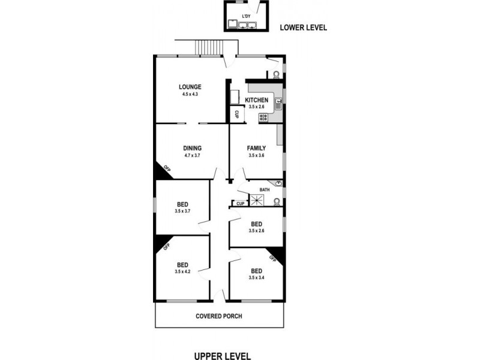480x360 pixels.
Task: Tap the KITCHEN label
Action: pyautogui.click(x=257, y=100)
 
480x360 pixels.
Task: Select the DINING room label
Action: pyautogui.click(x=193, y=148)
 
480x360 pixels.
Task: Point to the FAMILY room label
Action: pyautogui.click(x=257, y=148)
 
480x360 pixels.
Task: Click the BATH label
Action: pyautogui.click(x=265, y=190)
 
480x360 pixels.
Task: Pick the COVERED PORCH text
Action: pyautogui.click(x=219, y=316)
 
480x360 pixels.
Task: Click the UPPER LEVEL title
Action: pyautogui.click(x=223, y=355)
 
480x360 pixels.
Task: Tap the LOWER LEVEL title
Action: pyautogui.click(x=304, y=27)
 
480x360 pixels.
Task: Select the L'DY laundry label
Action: pyautogui.click(x=246, y=16)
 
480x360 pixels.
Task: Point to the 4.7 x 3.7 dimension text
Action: pyautogui.click(x=193, y=155)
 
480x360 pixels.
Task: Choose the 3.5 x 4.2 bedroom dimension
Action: pyautogui.click(x=182, y=272)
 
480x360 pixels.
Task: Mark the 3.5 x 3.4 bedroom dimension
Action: pyautogui.click(x=257, y=278)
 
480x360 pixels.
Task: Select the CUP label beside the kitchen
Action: pyautogui.click(x=237, y=114)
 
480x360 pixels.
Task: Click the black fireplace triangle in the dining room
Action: pyautogui.click(x=163, y=172)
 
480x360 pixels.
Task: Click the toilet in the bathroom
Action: pyautogui.click(x=275, y=202)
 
